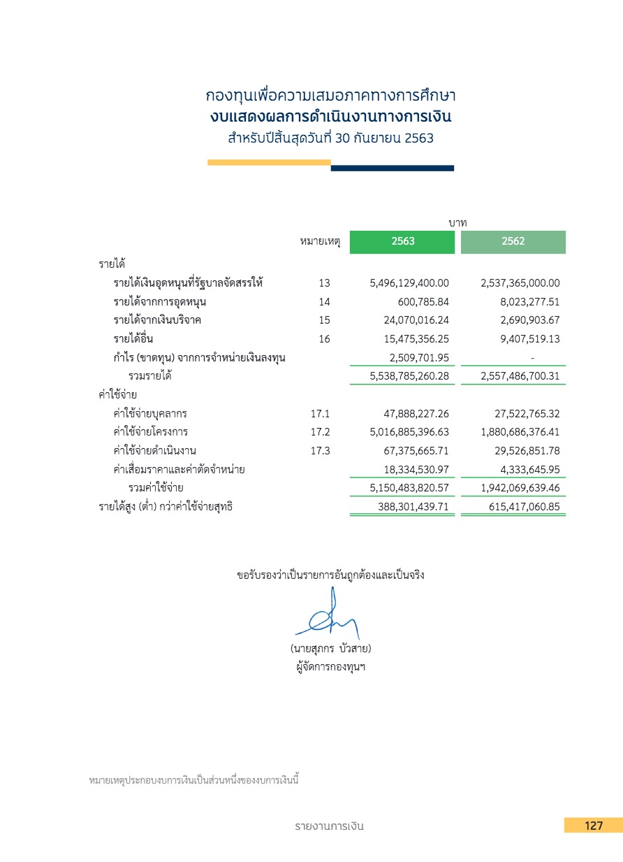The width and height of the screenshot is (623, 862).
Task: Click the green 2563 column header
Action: [403, 242]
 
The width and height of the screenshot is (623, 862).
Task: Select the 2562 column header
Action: [513, 242]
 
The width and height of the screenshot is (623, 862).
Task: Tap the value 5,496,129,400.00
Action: [409, 283]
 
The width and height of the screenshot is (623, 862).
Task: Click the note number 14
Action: [323, 302]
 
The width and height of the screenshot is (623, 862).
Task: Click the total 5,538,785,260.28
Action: [409, 376]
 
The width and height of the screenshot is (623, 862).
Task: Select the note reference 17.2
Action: [320, 432]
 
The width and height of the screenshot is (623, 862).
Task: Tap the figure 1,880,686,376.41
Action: [520, 432]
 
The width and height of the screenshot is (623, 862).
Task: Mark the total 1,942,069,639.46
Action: [520, 487]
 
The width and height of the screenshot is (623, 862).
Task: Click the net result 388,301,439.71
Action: [413, 507]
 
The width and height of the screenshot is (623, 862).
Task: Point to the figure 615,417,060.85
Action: [524, 507]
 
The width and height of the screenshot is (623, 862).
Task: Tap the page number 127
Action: [594, 826]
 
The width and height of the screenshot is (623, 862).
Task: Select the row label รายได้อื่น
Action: [133, 339]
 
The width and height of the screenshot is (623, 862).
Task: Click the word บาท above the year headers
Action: [458, 222]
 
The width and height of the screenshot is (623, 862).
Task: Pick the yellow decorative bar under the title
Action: [269, 162]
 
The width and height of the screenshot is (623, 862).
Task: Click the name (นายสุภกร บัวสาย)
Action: [330, 649]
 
